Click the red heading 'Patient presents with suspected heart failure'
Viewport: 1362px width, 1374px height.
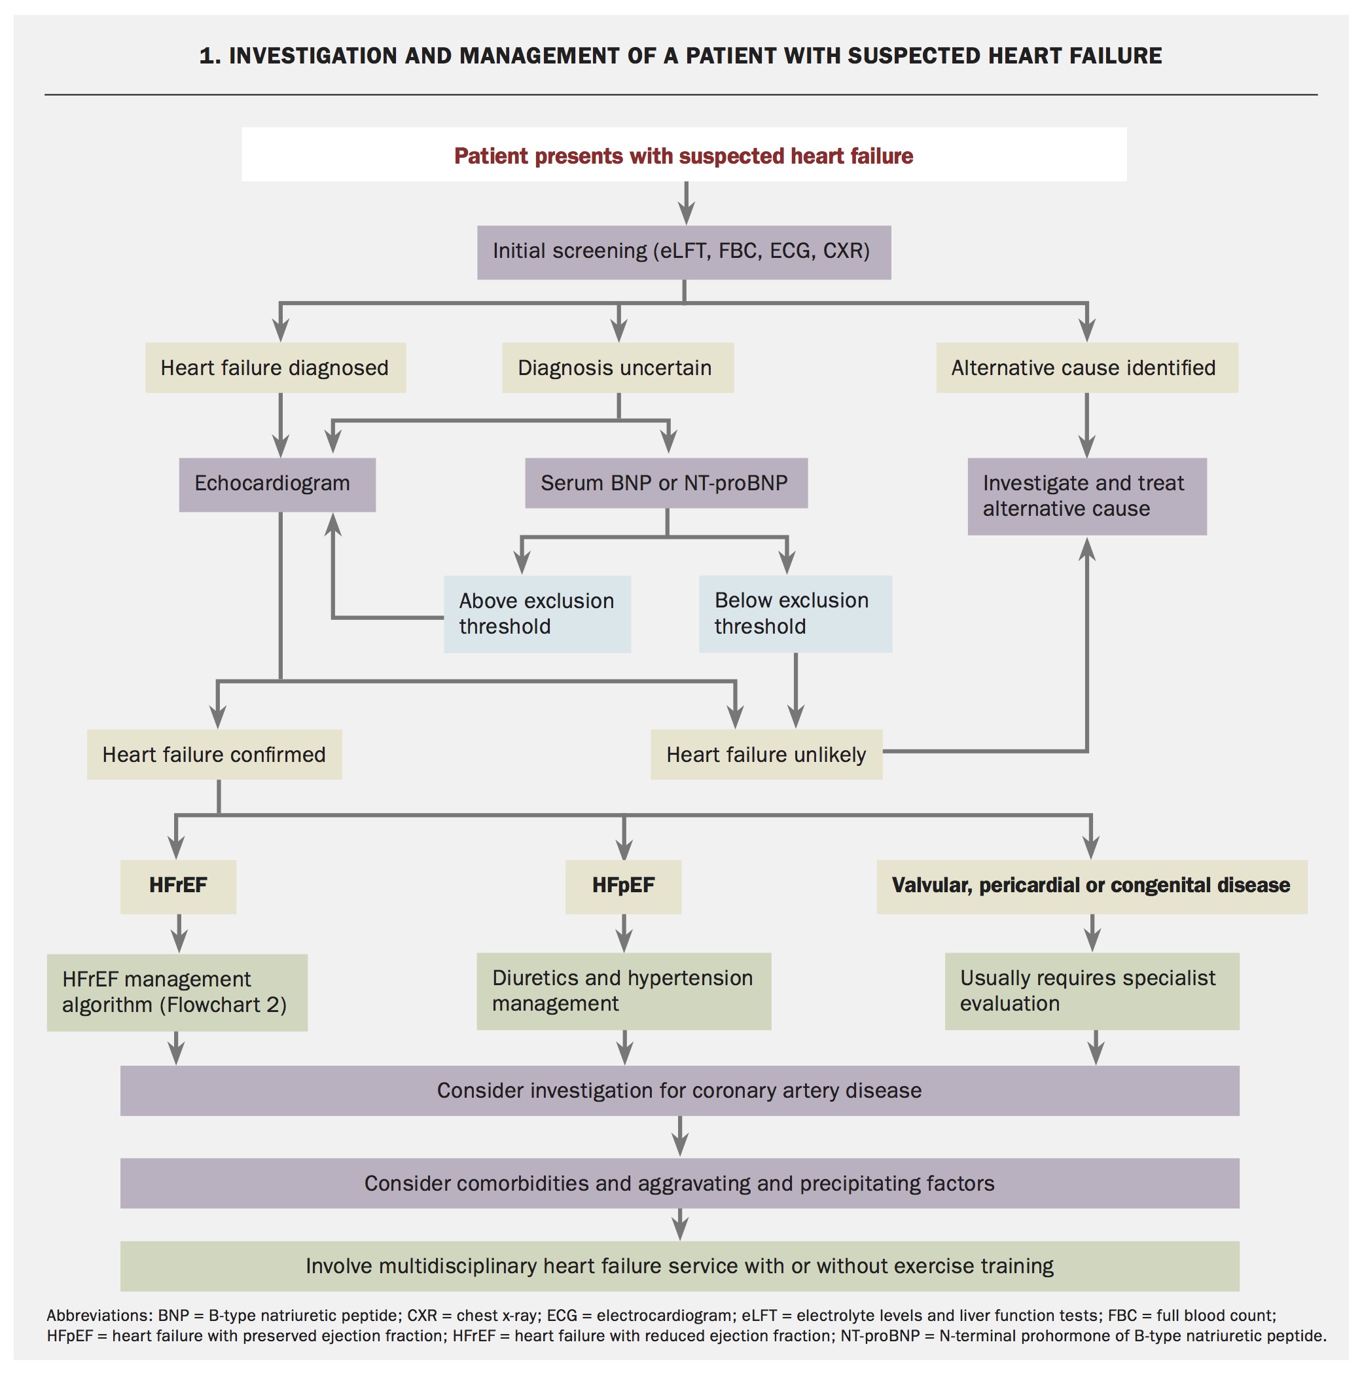click(x=683, y=156)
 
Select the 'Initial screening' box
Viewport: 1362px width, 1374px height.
click(x=683, y=252)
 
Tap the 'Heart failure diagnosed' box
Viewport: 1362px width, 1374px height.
click(x=276, y=368)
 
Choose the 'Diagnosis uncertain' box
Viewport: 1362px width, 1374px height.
click(x=617, y=368)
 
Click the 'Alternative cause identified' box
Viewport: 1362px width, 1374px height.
click(x=1085, y=368)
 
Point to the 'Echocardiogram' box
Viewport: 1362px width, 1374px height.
click(x=277, y=484)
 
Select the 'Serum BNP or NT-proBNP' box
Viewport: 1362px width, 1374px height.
click(x=665, y=483)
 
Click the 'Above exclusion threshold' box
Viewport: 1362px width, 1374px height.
click(x=536, y=614)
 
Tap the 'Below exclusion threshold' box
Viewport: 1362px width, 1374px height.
click(x=795, y=613)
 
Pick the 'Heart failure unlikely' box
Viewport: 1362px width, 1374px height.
click(x=765, y=754)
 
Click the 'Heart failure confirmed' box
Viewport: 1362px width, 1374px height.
click(x=214, y=754)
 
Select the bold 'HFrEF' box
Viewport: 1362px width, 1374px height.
click(x=178, y=886)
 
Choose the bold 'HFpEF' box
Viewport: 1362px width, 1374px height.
click(x=622, y=886)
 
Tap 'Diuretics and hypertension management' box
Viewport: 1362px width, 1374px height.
click(x=623, y=990)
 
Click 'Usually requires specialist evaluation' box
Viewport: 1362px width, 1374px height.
click(x=1090, y=990)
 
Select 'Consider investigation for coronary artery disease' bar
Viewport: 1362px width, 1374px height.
click(x=679, y=1091)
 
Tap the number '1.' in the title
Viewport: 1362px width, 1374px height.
click(x=210, y=56)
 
